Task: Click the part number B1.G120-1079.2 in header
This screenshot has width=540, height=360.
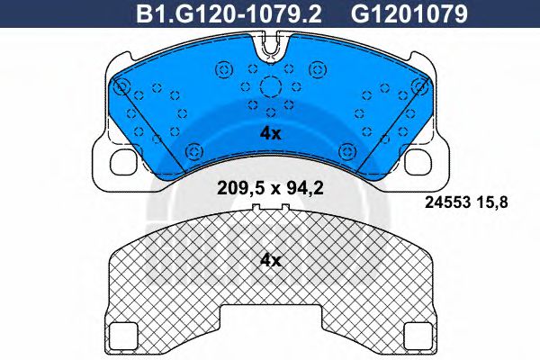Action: tap(229, 14)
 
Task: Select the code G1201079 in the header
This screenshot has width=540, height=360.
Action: tap(409, 14)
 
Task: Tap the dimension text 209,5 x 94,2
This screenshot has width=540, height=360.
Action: tap(270, 188)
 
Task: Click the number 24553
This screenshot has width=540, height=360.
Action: tap(447, 202)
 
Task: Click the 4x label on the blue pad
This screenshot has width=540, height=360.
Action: tap(270, 133)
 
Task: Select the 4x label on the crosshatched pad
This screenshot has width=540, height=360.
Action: tap(270, 261)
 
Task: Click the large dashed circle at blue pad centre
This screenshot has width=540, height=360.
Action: tap(270, 86)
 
